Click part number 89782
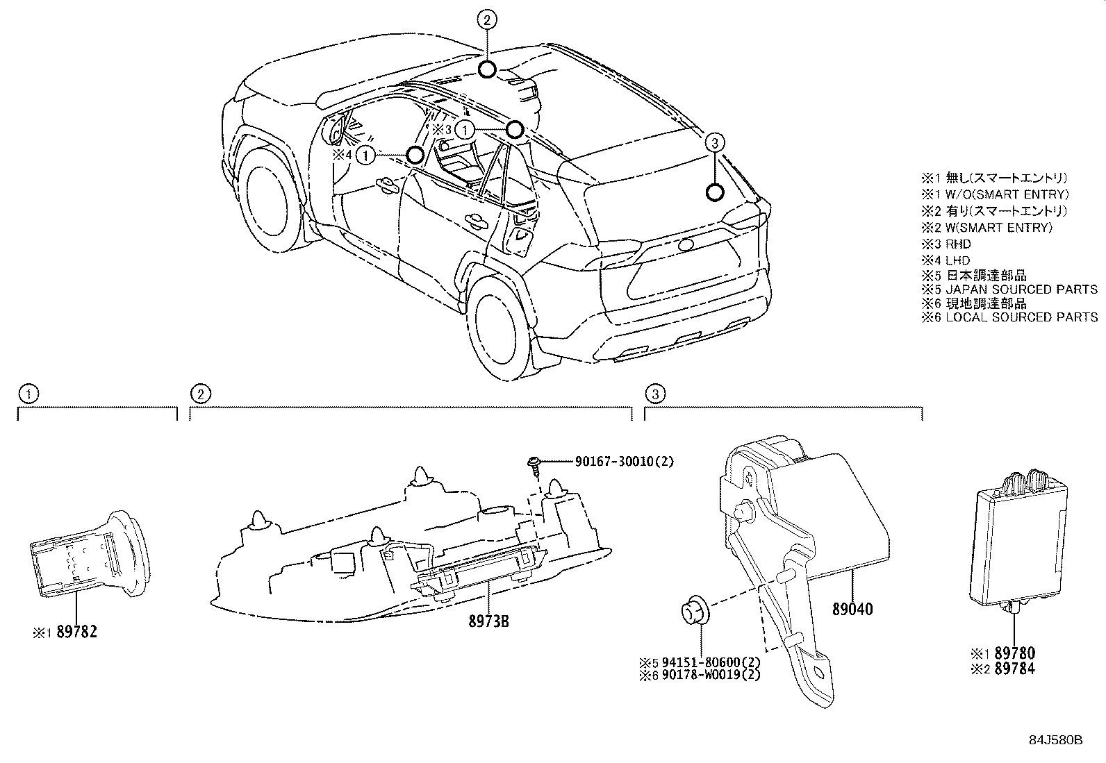[x=76, y=632]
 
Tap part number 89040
[x=852, y=610]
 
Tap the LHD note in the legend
[x=958, y=260]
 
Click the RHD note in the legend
[x=958, y=244]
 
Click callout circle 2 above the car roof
[x=487, y=20]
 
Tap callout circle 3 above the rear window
[x=716, y=144]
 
